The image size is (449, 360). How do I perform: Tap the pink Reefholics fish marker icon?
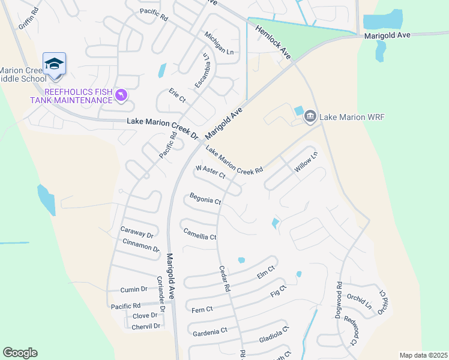pyautogui.click(x=122, y=96)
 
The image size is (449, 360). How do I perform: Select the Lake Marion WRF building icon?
pyautogui.click(x=310, y=116)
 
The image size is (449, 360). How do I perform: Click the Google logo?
pyautogui.click(x=20, y=353)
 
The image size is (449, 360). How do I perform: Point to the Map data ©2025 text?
pyautogui.click(x=423, y=355)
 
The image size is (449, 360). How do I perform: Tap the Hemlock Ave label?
pyautogui.click(x=273, y=41)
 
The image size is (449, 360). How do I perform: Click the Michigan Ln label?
pyautogui.click(x=218, y=43)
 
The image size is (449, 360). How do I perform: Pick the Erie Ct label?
pyautogui.click(x=178, y=95)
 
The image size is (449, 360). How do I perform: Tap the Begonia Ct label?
pyautogui.click(x=205, y=199)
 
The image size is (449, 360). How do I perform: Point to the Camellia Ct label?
pyautogui.click(x=199, y=235)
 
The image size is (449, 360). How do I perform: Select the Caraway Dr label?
pyautogui.click(x=137, y=231)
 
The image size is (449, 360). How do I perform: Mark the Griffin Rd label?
pyautogui.click(x=28, y=19)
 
